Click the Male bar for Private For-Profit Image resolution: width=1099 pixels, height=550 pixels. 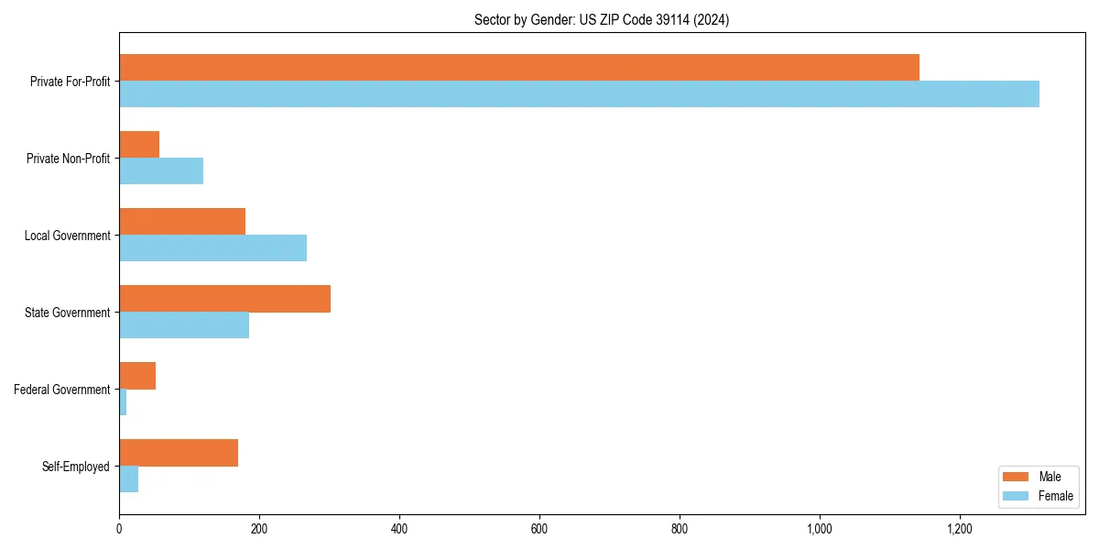tap(519, 67)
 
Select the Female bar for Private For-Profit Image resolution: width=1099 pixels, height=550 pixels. tap(579, 93)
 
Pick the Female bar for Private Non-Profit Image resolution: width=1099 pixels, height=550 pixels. tap(161, 170)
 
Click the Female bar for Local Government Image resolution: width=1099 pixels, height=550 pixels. tap(212, 247)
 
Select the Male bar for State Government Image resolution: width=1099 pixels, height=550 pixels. tap(224, 299)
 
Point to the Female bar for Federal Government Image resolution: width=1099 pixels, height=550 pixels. tap(123, 401)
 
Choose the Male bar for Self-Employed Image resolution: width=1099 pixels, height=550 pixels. tap(179, 453)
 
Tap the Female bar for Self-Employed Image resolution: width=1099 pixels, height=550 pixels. tap(129, 478)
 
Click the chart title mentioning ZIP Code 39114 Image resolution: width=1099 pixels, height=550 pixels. tap(602, 19)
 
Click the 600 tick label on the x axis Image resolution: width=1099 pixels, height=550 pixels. tap(539, 529)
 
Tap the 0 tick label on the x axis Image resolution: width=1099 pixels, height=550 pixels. tap(119, 529)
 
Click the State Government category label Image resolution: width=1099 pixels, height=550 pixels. tap(67, 313)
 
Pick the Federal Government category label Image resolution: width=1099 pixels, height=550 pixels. tap(61, 390)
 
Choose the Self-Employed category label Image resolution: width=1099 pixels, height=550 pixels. tap(75, 467)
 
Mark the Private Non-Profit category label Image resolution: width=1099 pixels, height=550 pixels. tap(68, 159)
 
